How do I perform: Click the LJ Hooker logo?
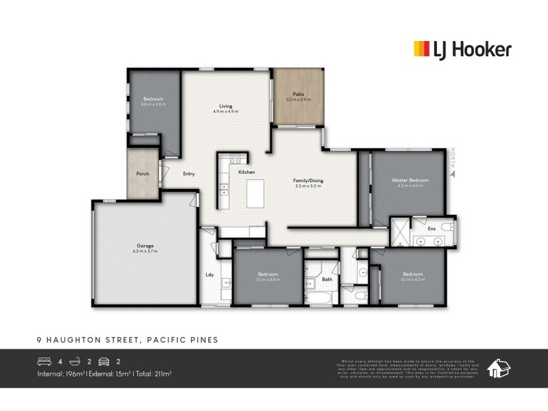(462, 49)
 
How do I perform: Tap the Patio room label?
(298, 95)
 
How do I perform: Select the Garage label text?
(145, 246)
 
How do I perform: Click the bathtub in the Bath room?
(320, 299)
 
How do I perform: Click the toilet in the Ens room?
(447, 227)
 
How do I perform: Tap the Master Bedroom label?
(410, 180)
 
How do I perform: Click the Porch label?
(142, 174)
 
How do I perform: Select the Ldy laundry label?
(210, 275)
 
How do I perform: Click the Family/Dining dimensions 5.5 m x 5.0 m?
(308, 186)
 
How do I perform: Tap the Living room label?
(225, 106)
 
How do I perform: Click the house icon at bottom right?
(497, 368)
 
